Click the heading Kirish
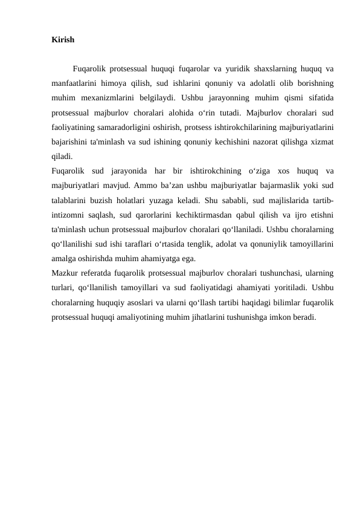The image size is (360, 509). click(63, 40)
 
